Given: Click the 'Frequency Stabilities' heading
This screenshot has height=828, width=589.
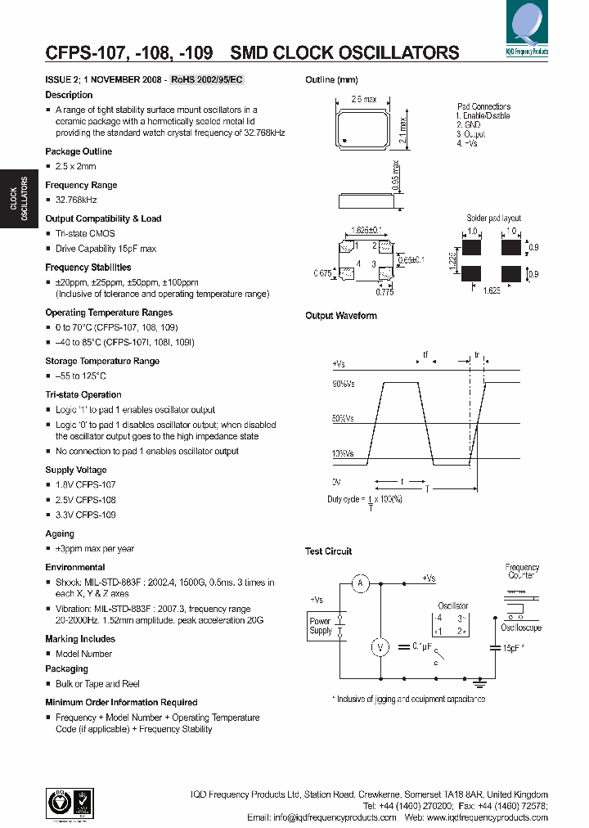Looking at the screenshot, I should (x=88, y=268).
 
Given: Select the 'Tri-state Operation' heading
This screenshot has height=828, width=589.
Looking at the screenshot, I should (x=83, y=394).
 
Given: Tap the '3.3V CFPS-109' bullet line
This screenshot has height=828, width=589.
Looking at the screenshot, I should (x=85, y=515).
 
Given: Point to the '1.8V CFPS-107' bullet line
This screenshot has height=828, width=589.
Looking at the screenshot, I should (x=85, y=484).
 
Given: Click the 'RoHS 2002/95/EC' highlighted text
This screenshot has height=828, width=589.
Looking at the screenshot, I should (x=207, y=79).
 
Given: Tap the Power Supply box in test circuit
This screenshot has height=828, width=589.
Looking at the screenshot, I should (x=321, y=626).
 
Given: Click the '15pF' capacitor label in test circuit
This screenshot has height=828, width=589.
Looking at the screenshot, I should (x=512, y=648).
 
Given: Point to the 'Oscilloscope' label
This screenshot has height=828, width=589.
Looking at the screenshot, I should (x=521, y=628).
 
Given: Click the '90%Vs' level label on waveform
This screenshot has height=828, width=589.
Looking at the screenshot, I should (x=343, y=384).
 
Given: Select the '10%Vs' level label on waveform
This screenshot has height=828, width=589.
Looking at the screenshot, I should (x=343, y=453).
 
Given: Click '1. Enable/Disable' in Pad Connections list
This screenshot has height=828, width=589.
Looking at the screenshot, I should (x=483, y=116).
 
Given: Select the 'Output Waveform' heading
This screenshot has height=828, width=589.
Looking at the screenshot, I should (x=341, y=316).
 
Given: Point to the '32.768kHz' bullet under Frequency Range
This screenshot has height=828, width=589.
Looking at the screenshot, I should (x=76, y=200).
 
